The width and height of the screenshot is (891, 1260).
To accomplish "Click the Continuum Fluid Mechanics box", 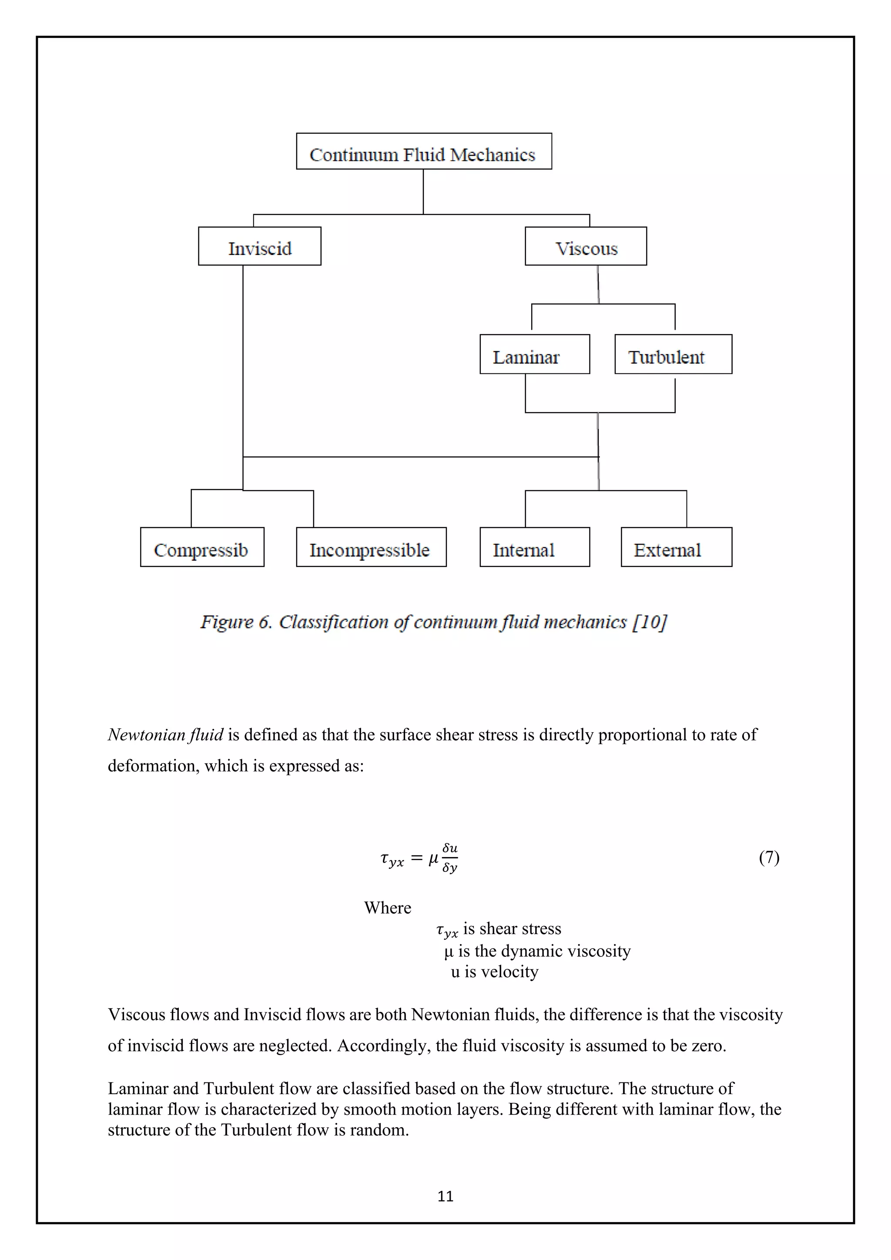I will [424, 151].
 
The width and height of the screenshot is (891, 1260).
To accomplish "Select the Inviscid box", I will [259, 246].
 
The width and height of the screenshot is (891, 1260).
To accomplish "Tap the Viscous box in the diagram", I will [586, 246].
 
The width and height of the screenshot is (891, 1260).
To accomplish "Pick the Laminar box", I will [534, 355].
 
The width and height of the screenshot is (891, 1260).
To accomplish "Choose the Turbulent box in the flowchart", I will [673, 355].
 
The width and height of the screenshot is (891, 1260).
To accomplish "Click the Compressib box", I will [202, 547].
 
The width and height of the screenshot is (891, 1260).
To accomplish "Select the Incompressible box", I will [371, 547].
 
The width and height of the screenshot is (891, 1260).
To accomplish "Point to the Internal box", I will [534, 547].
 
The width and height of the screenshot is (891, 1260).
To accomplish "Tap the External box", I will [676, 547].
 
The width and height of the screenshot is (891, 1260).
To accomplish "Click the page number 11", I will [445, 1196].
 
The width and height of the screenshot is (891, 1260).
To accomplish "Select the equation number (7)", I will [769, 857].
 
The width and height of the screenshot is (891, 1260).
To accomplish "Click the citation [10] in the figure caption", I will [650, 622].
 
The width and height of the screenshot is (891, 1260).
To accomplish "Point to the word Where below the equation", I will [387, 908].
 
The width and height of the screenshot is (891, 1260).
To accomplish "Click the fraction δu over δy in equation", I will [450, 857].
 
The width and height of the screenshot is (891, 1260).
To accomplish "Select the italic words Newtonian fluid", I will [165, 734].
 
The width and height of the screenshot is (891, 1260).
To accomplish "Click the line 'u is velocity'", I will [494, 972].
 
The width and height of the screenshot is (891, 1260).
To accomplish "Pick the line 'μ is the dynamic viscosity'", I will [537, 951].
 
